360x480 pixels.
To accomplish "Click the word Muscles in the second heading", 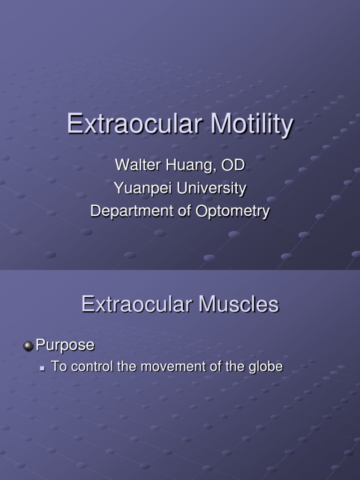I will (239, 305).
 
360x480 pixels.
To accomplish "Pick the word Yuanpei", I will (135, 188).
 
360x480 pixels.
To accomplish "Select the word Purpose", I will (65, 345).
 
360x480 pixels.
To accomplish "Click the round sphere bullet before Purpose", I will (29, 346).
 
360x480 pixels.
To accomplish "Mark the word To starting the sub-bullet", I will (58, 367).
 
